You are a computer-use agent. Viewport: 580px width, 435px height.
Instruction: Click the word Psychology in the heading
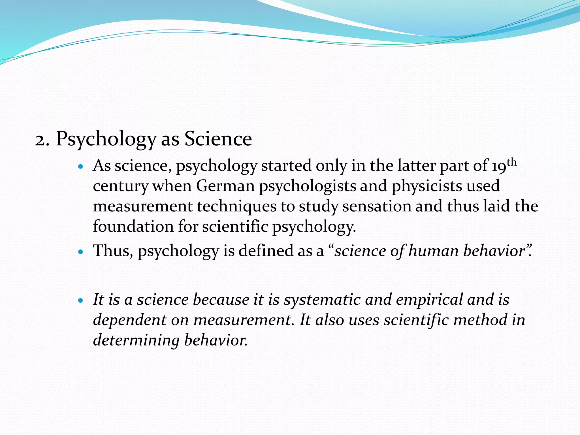(x=106, y=139)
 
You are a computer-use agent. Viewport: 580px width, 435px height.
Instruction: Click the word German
(x=225, y=186)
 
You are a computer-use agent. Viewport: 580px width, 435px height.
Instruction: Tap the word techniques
(x=236, y=206)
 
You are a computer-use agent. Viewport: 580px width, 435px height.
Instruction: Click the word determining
(x=136, y=341)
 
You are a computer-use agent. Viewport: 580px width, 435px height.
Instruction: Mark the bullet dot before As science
(x=81, y=167)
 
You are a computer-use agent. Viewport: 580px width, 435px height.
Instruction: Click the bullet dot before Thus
(x=81, y=251)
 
